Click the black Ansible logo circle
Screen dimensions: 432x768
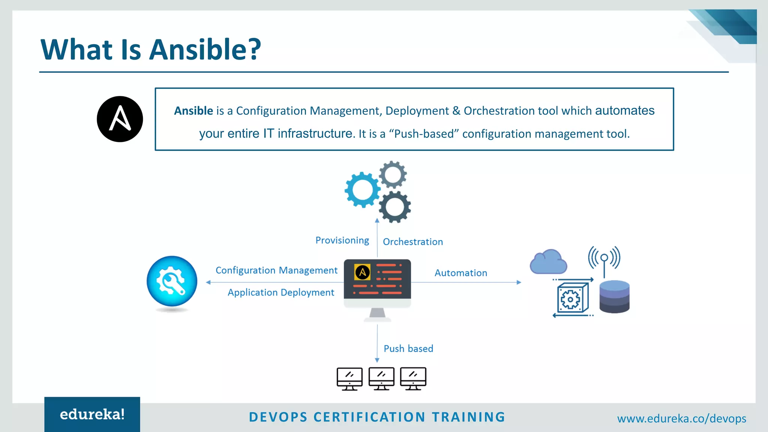coord(120,119)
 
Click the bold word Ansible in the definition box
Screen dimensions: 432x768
coord(193,111)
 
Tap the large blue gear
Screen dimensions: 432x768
coord(362,190)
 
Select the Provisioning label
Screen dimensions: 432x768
coord(342,240)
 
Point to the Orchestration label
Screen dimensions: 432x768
coord(412,242)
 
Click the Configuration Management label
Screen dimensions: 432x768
coord(276,270)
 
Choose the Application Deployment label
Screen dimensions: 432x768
coord(280,292)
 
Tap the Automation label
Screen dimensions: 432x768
coord(460,273)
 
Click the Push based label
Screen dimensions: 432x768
coord(408,349)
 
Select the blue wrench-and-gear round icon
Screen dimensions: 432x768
coord(172,281)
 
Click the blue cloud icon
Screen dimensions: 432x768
coord(548,262)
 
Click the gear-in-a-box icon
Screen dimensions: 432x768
coord(572,298)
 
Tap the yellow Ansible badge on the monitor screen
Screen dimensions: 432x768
coord(362,272)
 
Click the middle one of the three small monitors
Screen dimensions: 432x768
coord(381,378)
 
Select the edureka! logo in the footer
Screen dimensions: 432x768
coord(92,414)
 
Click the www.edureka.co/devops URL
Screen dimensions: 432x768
coord(681,418)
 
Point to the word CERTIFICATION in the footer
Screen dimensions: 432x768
coord(369,417)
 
